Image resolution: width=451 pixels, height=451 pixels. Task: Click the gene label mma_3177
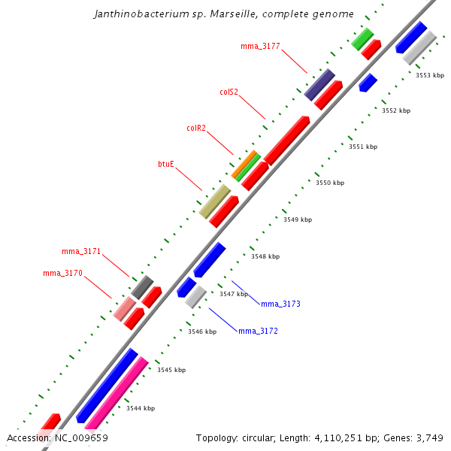tap(260, 47)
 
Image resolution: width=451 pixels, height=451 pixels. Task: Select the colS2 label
tap(229, 92)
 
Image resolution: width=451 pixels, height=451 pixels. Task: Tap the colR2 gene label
tap(196, 128)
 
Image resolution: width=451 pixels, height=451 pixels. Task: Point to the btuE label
tap(166, 163)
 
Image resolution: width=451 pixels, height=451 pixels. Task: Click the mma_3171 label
tap(81, 251)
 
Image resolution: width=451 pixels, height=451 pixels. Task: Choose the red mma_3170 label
tap(62, 274)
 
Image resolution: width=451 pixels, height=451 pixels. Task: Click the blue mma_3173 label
tap(280, 304)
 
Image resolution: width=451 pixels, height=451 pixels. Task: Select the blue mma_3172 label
tap(258, 331)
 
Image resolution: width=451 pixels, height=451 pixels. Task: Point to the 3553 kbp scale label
tap(430, 75)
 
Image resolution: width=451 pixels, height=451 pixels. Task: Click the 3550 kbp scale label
tap(329, 183)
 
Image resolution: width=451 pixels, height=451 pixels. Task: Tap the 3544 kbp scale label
tap(141, 408)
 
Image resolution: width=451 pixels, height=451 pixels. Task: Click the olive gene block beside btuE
tap(214, 201)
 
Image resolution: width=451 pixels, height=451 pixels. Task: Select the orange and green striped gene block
tap(246, 165)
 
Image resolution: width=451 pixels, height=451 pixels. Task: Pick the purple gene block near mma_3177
tap(319, 84)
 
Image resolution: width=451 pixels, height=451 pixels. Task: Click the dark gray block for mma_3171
tap(142, 286)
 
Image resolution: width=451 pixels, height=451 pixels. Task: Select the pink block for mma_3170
tap(124, 309)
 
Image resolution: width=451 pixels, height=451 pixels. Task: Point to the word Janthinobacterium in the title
tap(133, 14)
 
